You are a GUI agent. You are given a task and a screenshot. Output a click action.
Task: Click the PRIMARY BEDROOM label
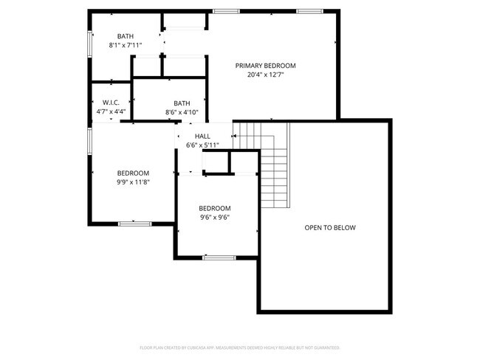click(265, 66)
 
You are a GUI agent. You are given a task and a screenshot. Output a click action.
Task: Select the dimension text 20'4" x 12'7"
click(265, 75)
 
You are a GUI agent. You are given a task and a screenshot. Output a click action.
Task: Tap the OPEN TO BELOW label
click(330, 227)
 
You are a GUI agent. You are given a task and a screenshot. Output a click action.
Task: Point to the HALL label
click(202, 136)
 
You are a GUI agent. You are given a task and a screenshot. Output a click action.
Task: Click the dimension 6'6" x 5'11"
click(202, 145)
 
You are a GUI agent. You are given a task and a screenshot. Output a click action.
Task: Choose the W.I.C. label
click(111, 103)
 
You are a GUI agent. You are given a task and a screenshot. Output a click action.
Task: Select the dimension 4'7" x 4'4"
click(111, 111)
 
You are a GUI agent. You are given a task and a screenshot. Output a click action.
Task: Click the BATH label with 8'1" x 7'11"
click(125, 36)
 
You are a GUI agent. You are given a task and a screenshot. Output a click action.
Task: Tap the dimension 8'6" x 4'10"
click(182, 112)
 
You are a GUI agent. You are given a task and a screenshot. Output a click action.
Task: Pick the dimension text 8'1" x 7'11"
click(125, 45)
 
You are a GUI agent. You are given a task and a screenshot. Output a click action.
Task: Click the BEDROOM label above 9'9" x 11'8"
click(133, 173)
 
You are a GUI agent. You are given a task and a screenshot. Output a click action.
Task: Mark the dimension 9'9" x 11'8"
click(133, 181)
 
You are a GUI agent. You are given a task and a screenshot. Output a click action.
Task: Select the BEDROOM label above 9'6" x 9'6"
click(215, 208)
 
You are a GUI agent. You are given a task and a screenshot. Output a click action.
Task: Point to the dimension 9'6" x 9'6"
click(215, 217)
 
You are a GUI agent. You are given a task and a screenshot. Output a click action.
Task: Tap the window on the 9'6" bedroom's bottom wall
click(215, 257)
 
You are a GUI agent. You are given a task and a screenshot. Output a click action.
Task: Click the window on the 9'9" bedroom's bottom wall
click(135, 223)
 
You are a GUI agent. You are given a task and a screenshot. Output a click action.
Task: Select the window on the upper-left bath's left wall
click(89, 42)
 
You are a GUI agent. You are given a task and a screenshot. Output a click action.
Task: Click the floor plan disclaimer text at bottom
click(240, 347)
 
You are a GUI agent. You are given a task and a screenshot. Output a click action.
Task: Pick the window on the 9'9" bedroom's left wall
click(89, 139)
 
